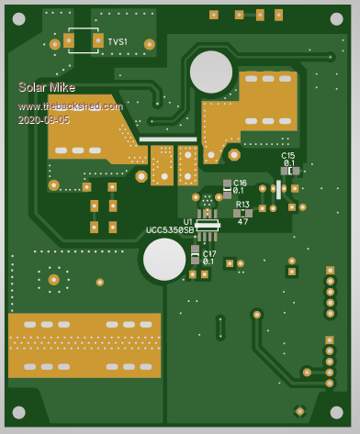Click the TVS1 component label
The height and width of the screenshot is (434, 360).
118,41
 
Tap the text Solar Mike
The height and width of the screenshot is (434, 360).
47,87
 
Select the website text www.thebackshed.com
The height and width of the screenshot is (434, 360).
71,106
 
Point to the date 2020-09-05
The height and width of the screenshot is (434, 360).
44,120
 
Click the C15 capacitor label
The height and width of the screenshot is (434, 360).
288,156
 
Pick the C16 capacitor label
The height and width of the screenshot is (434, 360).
240,183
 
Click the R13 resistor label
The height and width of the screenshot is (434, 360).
242,204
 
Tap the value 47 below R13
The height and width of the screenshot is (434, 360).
242,221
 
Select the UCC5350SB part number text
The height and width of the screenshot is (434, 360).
170,230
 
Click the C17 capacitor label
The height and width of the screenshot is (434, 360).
209,254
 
